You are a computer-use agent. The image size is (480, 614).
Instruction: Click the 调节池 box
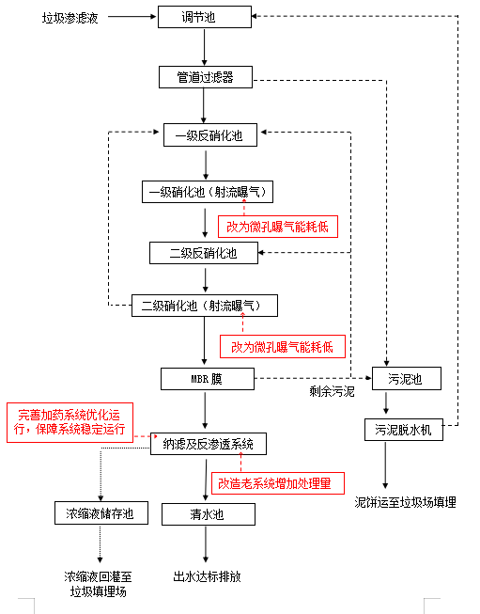click(204, 17)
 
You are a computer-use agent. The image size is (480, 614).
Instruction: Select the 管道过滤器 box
click(205, 77)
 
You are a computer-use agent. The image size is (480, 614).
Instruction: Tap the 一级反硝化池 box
click(209, 135)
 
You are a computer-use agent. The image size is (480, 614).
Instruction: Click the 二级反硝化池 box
click(203, 252)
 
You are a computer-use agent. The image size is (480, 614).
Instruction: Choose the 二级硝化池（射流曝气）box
click(204, 306)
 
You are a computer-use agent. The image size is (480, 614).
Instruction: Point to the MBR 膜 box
click(204, 379)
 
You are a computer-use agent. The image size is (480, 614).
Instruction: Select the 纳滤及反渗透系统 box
click(208, 444)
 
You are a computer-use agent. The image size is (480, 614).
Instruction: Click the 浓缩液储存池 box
click(101, 514)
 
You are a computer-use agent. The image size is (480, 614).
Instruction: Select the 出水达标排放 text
click(207, 576)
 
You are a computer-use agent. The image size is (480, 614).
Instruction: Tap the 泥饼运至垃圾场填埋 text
click(405, 503)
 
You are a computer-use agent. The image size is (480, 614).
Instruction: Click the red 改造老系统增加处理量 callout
click(273, 482)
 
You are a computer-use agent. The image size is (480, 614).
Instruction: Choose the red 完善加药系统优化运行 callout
click(70, 421)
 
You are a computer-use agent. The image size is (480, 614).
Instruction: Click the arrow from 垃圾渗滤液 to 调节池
click(128, 17)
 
